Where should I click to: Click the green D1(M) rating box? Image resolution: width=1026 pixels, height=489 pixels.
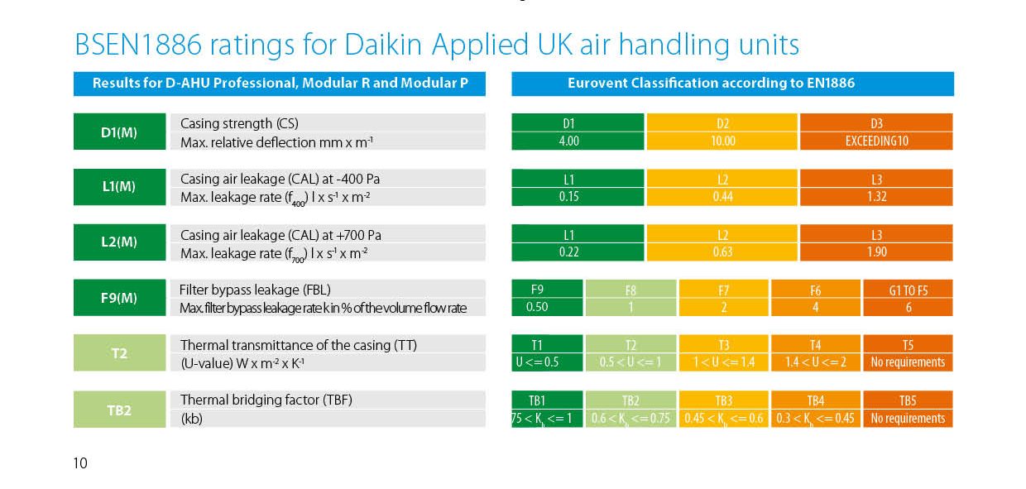tap(119, 132)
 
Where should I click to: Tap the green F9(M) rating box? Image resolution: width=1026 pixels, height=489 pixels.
tap(119, 298)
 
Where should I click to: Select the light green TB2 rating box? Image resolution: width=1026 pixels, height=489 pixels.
tap(119, 409)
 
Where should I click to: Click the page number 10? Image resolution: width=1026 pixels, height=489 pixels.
tap(80, 463)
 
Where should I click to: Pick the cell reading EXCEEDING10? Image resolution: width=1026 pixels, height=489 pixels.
tap(876, 141)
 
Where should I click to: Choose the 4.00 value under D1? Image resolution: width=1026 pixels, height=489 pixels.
tap(568, 141)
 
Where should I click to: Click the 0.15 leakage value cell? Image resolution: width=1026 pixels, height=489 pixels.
tap(568, 196)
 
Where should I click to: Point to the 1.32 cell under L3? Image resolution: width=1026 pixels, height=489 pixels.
tap(876, 196)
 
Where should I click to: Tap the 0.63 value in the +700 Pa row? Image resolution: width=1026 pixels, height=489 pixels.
tap(722, 252)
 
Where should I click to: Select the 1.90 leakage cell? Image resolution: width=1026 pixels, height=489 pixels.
tap(876, 252)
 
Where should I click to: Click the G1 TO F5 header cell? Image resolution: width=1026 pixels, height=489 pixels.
tap(908, 290)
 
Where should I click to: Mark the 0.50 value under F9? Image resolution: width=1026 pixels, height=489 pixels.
tap(537, 307)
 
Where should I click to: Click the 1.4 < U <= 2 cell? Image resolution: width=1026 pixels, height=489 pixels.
tap(815, 362)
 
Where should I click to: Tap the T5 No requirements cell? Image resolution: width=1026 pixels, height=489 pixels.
tap(908, 362)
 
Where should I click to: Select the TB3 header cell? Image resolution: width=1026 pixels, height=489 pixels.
tap(723, 400)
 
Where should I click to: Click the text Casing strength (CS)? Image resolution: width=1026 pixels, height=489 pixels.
tap(226, 123)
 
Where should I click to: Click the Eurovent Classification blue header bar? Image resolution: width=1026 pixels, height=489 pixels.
tap(732, 84)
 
